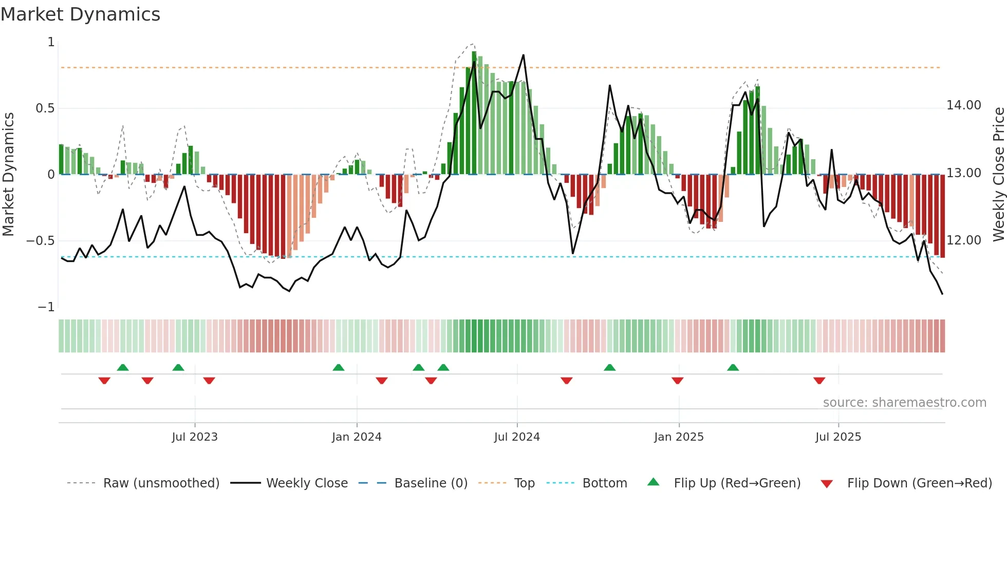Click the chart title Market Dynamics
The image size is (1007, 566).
(80, 14)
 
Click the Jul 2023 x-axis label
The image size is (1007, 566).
(195, 437)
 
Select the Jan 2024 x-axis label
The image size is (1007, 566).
(357, 437)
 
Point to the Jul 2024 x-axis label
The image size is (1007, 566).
(517, 437)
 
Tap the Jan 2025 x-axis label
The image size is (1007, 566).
(679, 437)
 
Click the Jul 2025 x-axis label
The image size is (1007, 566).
(838, 437)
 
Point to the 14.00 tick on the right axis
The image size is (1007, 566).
(964, 105)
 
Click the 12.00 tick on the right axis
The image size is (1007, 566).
(964, 240)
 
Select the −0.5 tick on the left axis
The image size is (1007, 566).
(41, 241)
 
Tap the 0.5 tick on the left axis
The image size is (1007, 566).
(45, 108)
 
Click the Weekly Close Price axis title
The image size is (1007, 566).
(998, 174)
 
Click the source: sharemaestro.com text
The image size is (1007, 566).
(904, 403)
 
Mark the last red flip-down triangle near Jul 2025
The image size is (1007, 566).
(819, 381)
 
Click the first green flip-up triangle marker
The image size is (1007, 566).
(123, 367)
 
